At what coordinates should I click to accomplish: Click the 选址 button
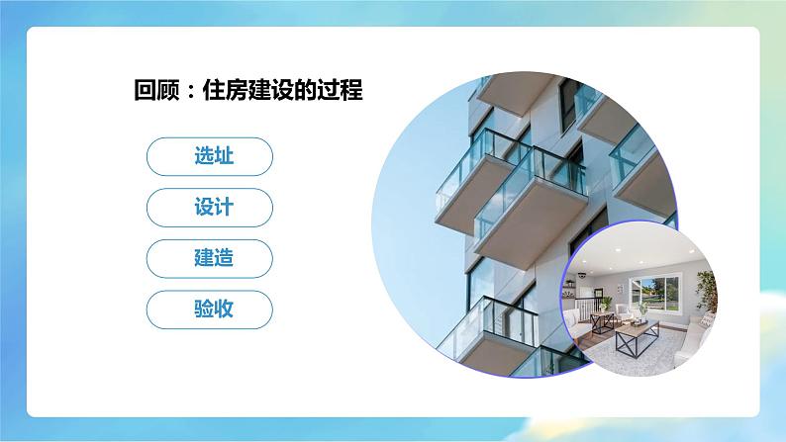209,156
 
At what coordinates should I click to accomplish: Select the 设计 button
209,207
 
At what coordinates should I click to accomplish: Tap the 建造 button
209,258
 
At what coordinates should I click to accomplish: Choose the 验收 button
209,309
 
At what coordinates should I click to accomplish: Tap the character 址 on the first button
223,156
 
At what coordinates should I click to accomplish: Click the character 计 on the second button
223,207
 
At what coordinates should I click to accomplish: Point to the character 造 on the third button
223,258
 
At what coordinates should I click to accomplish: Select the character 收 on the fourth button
223,309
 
